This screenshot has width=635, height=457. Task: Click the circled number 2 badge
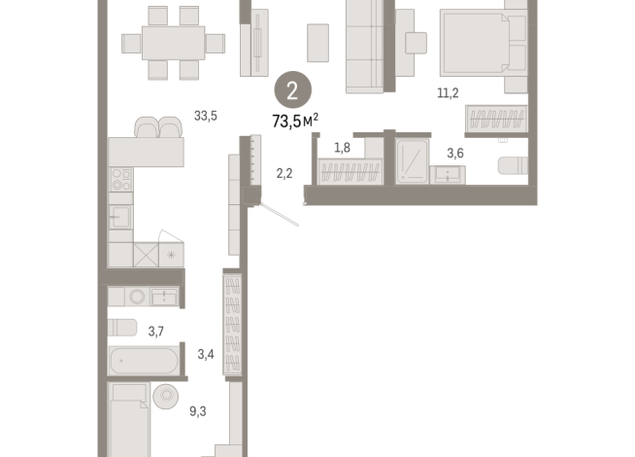[292, 92]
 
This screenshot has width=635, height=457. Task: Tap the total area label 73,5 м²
[296, 122]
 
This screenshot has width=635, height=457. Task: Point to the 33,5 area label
[205, 116]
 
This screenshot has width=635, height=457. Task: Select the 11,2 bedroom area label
[448, 93]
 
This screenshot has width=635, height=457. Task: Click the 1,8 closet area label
[342, 148]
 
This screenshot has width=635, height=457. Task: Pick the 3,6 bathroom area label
[454, 153]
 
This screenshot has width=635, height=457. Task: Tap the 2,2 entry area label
[284, 174]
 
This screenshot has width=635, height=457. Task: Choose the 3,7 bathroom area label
[155, 332]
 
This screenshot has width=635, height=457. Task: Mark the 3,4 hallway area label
[205, 354]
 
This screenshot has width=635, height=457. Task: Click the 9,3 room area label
[197, 411]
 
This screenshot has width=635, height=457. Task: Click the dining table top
[173, 42]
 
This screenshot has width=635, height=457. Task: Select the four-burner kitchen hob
[120, 180]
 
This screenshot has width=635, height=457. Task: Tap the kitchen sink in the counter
[120, 216]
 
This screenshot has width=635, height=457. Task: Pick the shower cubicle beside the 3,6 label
[413, 161]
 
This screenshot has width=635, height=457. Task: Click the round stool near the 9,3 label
[165, 396]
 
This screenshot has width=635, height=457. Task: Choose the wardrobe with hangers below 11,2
[496, 120]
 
